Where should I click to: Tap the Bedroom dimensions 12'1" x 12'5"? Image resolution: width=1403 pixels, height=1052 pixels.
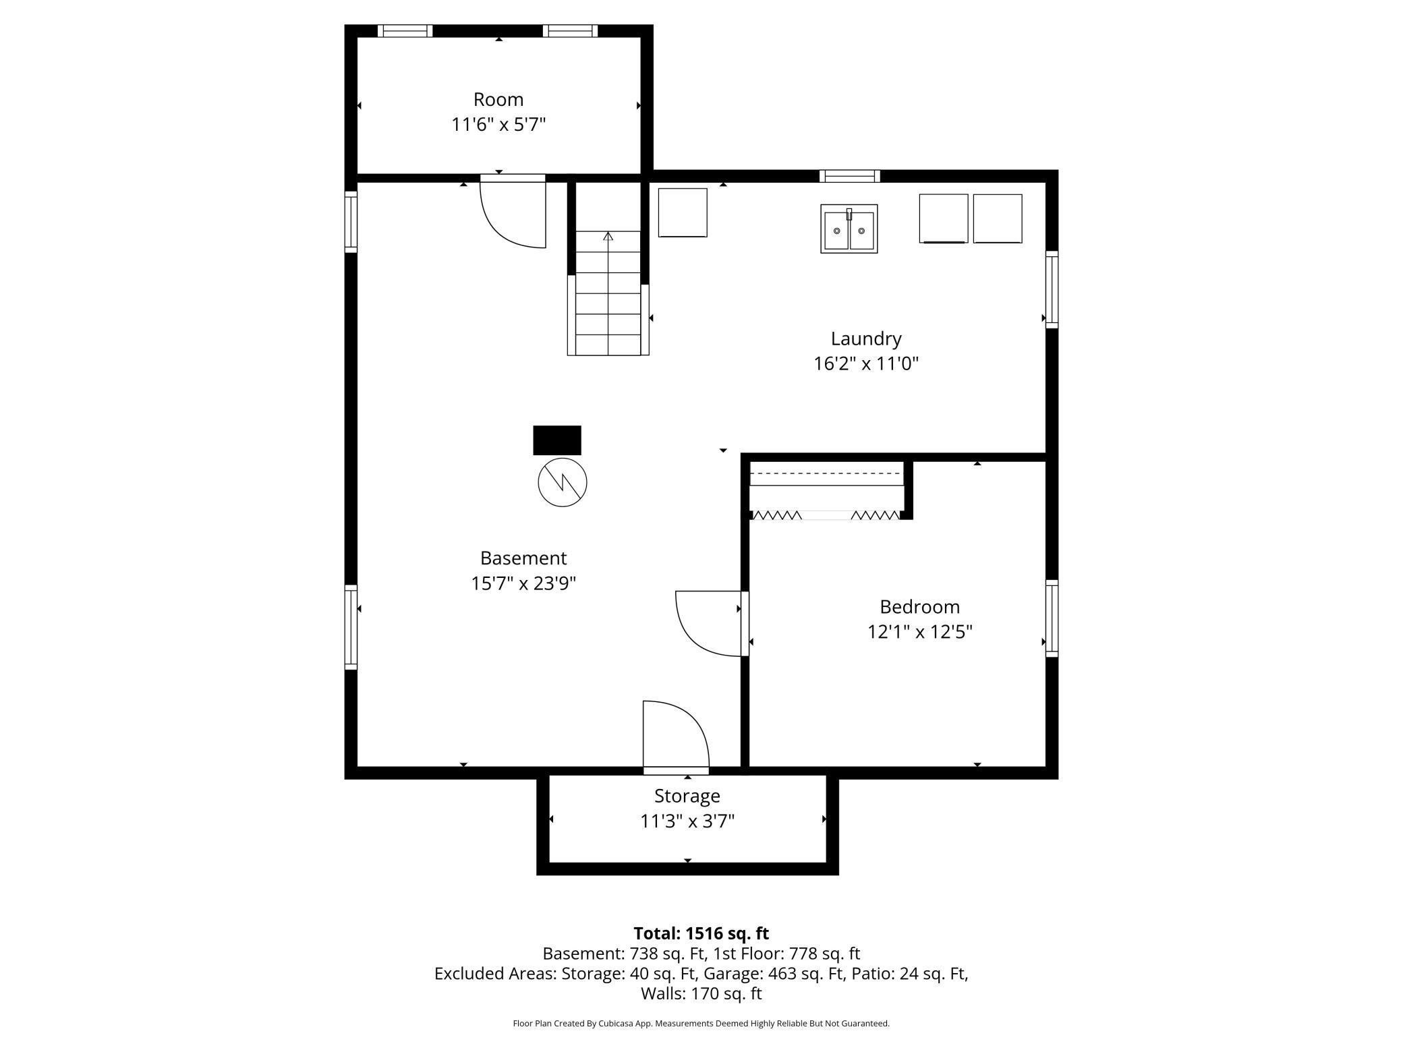pos(919,632)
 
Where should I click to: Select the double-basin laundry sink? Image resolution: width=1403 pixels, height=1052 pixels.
pos(849,229)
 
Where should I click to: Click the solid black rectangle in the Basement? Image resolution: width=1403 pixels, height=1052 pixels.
pos(557,440)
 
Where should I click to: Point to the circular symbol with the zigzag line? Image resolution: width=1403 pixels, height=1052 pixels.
pos(563,482)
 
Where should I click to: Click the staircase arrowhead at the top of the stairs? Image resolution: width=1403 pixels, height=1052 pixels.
pos(608,236)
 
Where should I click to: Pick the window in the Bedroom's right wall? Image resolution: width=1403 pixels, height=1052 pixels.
pos(1052,618)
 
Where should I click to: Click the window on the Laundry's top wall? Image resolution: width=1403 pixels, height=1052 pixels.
pos(850,177)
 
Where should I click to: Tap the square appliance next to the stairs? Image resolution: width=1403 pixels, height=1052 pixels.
pos(683,212)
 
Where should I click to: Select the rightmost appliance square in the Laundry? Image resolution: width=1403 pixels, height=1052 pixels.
pos(998,218)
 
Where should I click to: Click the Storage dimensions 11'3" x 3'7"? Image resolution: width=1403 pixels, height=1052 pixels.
pos(687,821)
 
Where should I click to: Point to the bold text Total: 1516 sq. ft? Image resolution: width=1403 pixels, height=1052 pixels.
pos(701,933)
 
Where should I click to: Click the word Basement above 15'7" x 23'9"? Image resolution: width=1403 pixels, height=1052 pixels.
pos(523,558)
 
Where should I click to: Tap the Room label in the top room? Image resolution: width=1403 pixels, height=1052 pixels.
pos(498,100)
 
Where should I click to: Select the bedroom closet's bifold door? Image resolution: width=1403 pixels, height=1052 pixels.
pos(826,515)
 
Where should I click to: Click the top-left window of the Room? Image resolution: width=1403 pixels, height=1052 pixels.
pos(405,31)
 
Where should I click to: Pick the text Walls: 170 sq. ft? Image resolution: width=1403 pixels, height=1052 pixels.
pos(701,993)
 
